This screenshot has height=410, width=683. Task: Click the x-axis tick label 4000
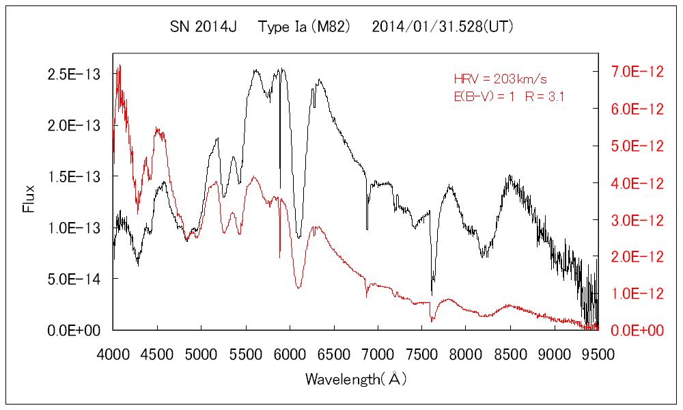point(113,354)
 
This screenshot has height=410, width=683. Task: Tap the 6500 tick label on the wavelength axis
point(333,354)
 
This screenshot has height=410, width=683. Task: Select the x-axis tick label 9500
point(598,354)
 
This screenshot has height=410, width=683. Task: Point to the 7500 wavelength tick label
point(421,354)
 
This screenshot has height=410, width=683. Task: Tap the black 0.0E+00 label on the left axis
point(74,330)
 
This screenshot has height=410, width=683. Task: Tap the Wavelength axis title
point(356,378)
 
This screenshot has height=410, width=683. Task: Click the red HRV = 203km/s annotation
point(501,79)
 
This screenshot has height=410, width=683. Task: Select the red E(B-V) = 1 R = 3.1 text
point(509,96)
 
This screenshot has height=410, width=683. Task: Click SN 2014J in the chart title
point(203,27)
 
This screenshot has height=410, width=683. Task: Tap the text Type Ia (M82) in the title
point(305,27)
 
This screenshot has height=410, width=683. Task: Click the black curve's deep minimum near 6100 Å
point(298,237)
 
